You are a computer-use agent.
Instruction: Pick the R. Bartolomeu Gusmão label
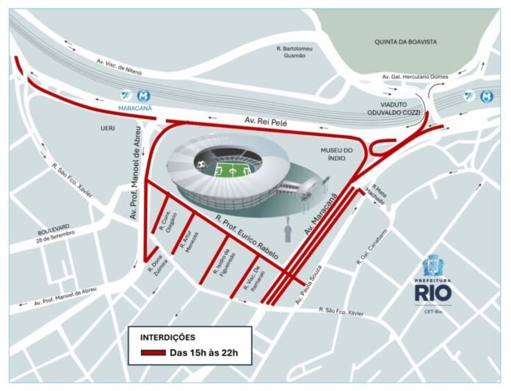[x=296, y=52]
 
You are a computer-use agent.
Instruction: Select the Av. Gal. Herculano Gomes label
[x=415, y=76]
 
